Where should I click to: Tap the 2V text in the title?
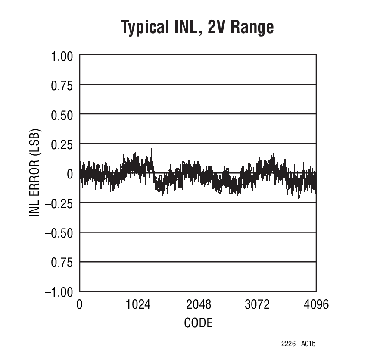tap(215, 27)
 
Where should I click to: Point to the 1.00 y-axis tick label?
tap(63, 56)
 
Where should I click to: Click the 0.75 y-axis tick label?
tap(63, 85)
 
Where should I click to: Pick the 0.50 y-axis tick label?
tap(63, 114)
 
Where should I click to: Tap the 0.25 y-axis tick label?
tap(63, 144)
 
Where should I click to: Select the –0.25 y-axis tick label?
tap(59, 203)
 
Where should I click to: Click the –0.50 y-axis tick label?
tap(59, 232)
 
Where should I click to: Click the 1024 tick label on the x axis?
tap(138, 305)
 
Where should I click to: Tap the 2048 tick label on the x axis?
tap(198, 305)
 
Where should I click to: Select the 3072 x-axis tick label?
tap(257, 305)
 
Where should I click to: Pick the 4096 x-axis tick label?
tap(316, 305)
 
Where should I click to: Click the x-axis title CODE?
tap(198, 322)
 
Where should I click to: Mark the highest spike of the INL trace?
tap(151, 149)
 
